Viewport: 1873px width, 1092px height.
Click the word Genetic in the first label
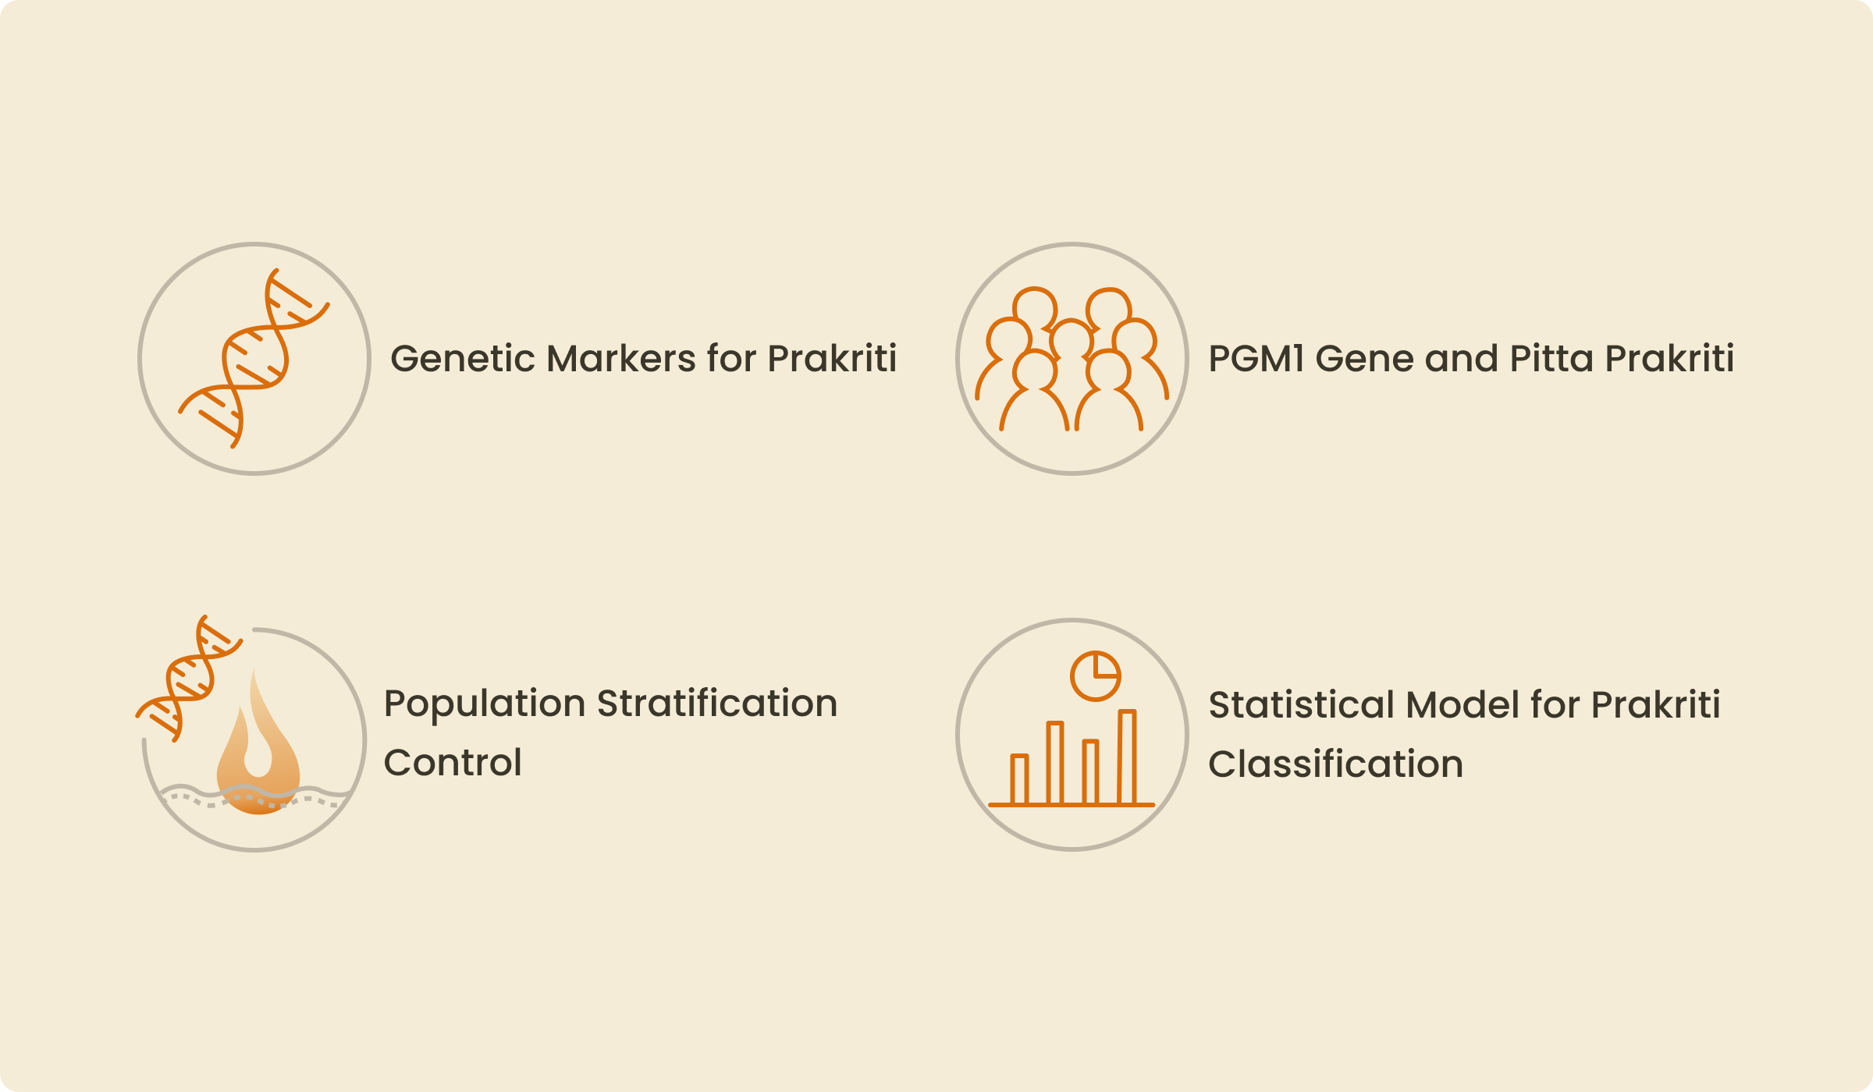(x=463, y=360)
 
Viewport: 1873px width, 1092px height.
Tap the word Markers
(x=621, y=359)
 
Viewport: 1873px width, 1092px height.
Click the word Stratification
(x=717, y=704)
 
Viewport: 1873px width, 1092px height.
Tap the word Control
(x=453, y=763)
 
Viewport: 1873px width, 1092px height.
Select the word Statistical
(x=1301, y=705)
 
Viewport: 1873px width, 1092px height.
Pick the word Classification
(x=1335, y=764)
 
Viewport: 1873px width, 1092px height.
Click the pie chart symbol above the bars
(x=1095, y=676)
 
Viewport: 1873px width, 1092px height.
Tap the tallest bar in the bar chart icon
(x=1127, y=757)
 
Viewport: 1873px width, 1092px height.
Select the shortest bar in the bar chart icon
(x=1019, y=779)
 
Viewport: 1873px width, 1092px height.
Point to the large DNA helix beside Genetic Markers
(x=254, y=359)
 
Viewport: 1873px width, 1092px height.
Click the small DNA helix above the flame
(x=190, y=678)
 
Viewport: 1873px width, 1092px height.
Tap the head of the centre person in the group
(x=1072, y=340)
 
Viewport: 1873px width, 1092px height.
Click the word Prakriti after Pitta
(x=1669, y=359)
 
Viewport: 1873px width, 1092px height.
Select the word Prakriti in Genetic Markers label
(x=832, y=359)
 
